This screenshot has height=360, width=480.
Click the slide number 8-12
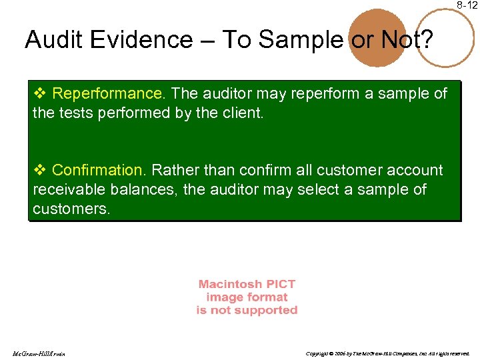click(x=467, y=5)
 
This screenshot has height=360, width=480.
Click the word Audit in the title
click(x=51, y=40)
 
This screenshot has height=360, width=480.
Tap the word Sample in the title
click(x=299, y=40)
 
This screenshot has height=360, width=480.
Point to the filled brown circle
click(x=378, y=39)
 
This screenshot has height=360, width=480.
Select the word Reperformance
click(x=107, y=94)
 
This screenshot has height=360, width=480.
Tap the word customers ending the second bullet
click(x=70, y=208)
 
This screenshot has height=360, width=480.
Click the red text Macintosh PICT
click(x=247, y=285)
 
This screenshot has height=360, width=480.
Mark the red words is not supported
click(x=247, y=310)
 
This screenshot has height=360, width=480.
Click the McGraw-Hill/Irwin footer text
click(x=38, y=353)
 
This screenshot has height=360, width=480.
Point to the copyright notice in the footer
click(x=387, y=353)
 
